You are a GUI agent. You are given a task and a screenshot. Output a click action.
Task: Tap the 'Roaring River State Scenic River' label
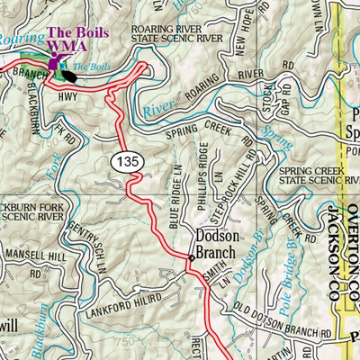click(x=201, y=34)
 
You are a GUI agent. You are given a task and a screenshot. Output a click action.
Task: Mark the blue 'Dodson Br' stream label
click(x=255, y=250)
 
